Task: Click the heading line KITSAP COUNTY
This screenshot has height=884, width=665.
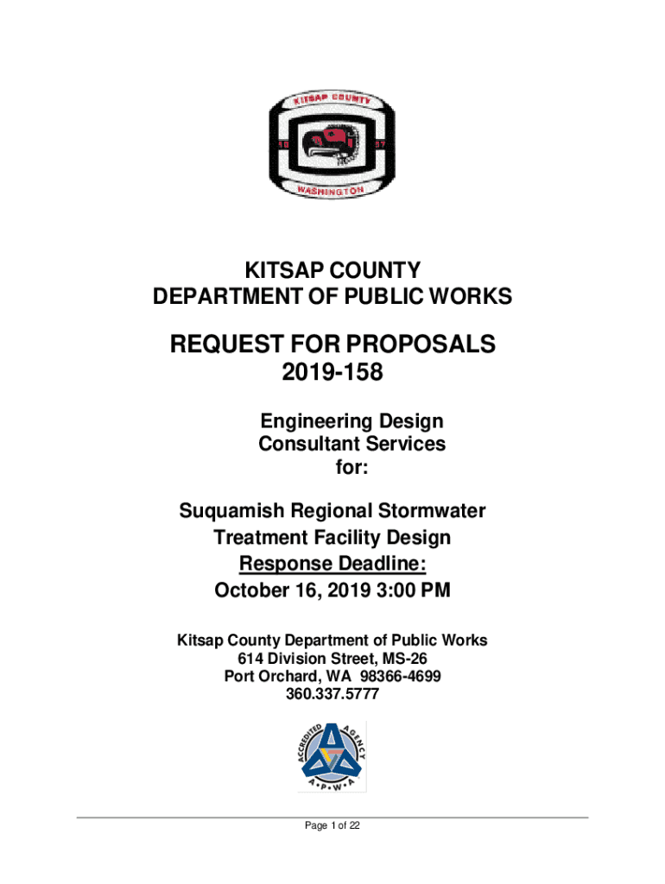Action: click(x=332, y=270)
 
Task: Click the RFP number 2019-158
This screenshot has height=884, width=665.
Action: click(x=332, y=375)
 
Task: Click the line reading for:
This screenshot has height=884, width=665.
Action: click(x=351, y=468)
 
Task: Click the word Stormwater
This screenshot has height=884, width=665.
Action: click(x=423, y=511)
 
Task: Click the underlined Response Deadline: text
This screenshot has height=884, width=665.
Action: click(x=332, y=565)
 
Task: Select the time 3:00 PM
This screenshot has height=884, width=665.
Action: click(x=411, y=591)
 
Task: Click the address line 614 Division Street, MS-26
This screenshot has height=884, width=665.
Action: click(x=332, y=658)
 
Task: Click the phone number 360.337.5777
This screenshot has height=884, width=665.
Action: click(x=332, y=692)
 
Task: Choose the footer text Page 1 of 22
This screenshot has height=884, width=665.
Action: click(x=332, y=826)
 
